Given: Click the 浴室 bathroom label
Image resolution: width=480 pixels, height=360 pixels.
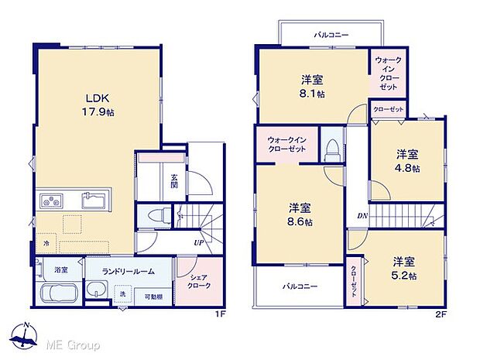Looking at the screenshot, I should [x=60, y=270].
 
